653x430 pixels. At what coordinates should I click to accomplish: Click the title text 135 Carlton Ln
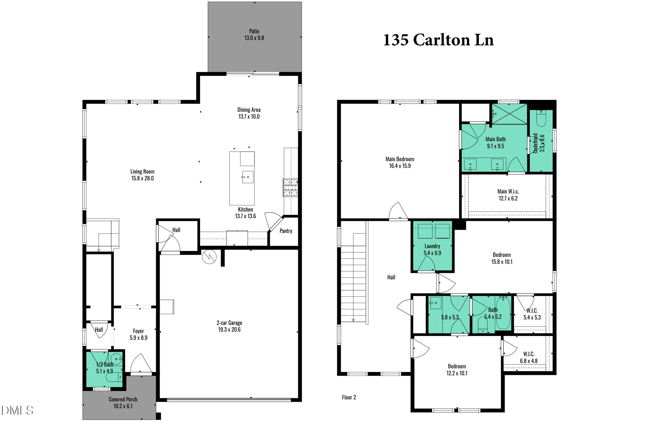(438, 40)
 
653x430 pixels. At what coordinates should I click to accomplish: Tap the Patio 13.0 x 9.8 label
(254, 35)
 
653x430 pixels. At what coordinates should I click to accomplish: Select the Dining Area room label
(249, 110)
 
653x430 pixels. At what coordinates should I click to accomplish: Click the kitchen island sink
(248, 177)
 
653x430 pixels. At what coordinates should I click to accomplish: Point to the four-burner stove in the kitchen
(290, 187)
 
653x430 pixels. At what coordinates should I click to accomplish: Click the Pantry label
(285, 231)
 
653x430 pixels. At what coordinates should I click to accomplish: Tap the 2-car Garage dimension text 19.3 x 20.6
(229, 330)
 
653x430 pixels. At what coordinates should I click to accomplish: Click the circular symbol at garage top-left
(209, 257)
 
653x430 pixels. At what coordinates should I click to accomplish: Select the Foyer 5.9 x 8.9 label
(139, 334)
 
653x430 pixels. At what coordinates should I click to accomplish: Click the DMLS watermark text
(17, 411)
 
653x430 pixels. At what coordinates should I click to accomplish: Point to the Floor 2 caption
(349, 397)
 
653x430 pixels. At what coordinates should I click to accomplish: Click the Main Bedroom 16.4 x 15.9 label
(400, 162)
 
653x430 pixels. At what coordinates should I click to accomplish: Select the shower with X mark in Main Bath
(509, 114)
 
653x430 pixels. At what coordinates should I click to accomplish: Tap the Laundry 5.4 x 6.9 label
(432, 249)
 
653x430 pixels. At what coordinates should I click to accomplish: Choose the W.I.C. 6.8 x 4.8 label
(528, 357)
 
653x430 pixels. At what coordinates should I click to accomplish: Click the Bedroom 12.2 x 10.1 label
(457, 369)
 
